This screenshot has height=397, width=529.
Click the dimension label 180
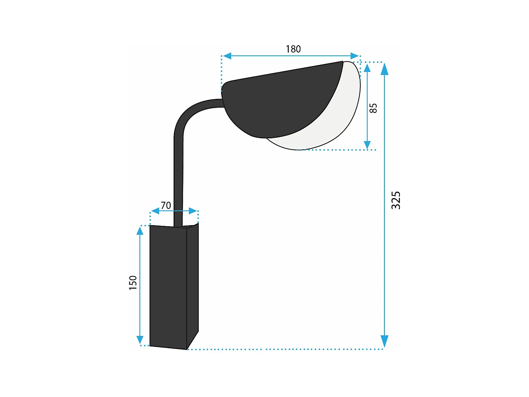click(293, 49)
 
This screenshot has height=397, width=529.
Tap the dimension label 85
click(373, 108)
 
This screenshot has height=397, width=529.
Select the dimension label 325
click(396, 200)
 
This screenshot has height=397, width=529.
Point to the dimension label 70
click(166, 205)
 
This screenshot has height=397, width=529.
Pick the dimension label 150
click(133, 283)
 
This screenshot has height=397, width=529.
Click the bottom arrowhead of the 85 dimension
click(367, 145)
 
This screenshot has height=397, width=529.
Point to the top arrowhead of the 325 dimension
click(384, 69)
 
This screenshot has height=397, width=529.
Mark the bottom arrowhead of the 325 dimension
click(384, 342)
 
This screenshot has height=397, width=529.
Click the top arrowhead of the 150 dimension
click(140, 231)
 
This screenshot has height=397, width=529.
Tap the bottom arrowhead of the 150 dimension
click(140, 340)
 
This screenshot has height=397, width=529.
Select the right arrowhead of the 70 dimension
click(193, 211)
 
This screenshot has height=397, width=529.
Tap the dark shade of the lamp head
click(279, 102)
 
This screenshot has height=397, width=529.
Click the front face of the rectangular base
click(168, 286)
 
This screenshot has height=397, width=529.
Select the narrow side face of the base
click(193, 282)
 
